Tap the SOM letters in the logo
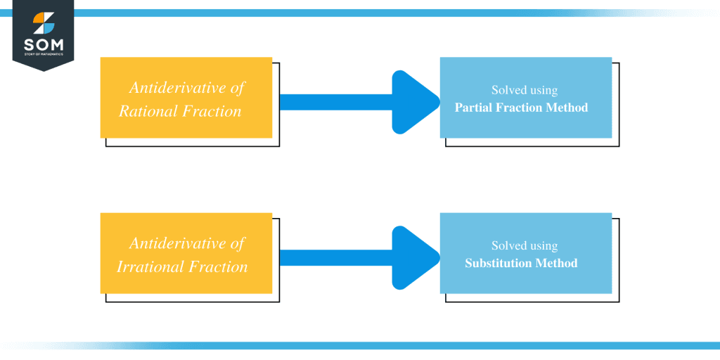[x=43, y=45]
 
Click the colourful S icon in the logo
[x=43, y=23]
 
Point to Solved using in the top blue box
[x=525, y=91]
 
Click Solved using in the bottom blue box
[x=525, y=246]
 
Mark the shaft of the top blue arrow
[x=335, y=102]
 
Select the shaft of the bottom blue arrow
[x=335, y=258]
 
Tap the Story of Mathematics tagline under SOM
[x=43, y=54]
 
